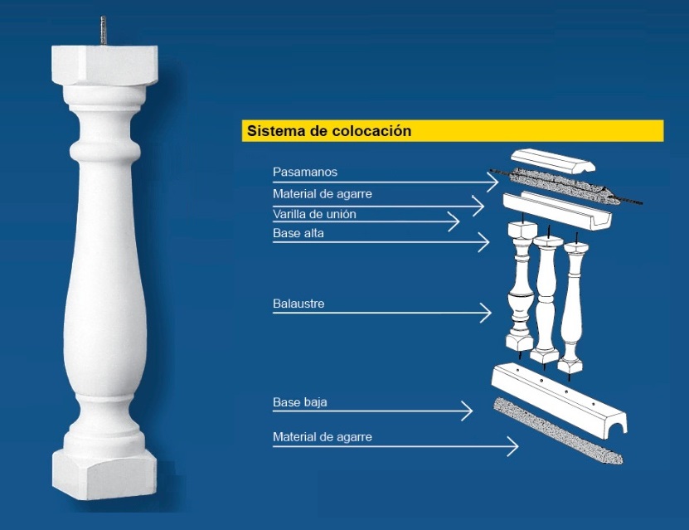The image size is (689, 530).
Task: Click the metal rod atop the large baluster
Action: [x=104, y=31]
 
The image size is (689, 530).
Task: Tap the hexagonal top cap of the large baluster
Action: [x=104, y=65]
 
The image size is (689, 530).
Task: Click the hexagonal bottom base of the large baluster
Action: [x=104, y=474]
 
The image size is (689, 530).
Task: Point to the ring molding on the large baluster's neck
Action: [x=104, y=149]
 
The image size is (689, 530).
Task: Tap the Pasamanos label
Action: [x=305, y=172]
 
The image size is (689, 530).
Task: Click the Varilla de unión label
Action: [x=314, y=214]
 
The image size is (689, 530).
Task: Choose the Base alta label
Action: [x=298, y=233]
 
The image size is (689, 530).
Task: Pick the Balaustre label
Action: [x=298, y=304]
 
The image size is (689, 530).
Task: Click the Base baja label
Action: [x=299, y=402]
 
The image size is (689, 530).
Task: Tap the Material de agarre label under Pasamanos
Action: [x=322, y=194]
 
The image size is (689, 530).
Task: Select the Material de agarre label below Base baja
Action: [x=322, y=437]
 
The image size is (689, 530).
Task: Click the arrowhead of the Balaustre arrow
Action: [x=486, y=313]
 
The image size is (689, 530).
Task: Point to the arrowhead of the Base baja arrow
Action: [x=467, y=411]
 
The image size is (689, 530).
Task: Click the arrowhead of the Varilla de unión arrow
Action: [x=454, y=221]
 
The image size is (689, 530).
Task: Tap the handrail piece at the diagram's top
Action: [x=552, y=161]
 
